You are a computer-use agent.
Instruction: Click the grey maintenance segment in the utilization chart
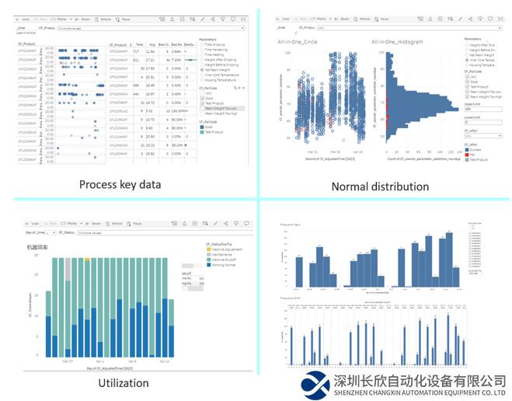67,267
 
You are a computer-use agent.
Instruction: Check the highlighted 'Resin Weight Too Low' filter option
222,108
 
